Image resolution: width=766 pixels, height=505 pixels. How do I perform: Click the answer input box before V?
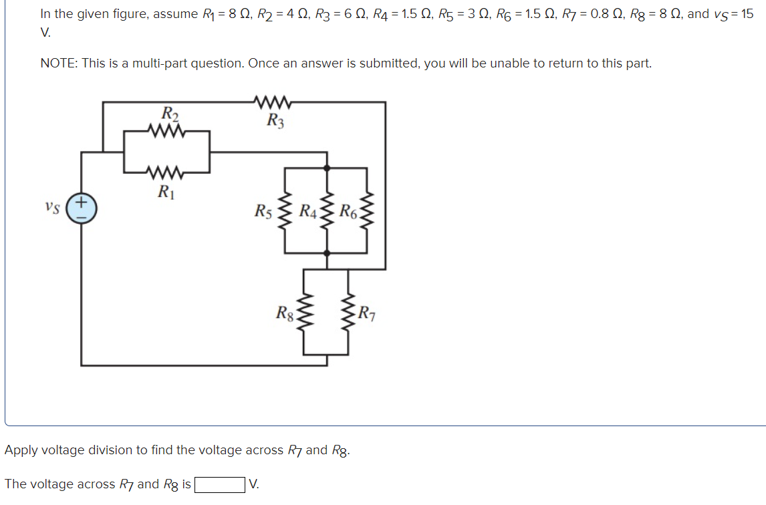(219, 484)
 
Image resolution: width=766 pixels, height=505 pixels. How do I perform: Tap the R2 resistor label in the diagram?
(170, 113)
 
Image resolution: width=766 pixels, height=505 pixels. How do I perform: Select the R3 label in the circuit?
(275, 121)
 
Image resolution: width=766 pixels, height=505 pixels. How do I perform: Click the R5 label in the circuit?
(263, 212)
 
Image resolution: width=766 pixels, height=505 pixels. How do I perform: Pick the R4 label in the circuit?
(308, 212)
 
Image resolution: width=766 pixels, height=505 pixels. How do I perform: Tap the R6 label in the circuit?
(348, 212)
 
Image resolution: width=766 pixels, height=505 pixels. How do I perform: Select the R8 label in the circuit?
(285, 312)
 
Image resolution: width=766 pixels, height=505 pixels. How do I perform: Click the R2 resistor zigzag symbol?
(167, 131)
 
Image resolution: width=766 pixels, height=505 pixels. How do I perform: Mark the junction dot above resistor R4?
(327, 168)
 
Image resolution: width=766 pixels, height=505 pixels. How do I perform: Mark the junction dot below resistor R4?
(327, 253)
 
